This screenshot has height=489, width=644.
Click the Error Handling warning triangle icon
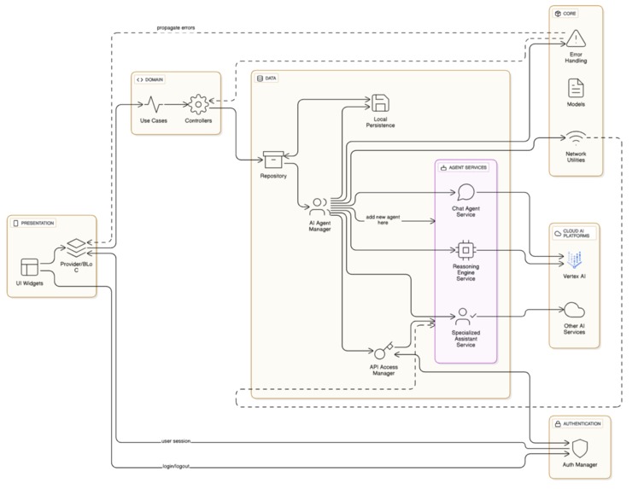[x=577, y=38]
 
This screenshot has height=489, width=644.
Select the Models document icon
[x=577, y=87]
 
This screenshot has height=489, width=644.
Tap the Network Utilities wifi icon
[x=577, y=137]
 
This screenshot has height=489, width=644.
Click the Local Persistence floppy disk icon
[x=380, y=103]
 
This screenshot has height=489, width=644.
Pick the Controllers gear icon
[x=198, y=104]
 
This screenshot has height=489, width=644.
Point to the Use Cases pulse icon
[x=153, y=104]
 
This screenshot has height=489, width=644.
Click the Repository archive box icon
[x=273, y=160]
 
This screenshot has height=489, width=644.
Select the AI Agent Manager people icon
[x=319, y=207]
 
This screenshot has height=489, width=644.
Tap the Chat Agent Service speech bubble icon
[x=465, y=192]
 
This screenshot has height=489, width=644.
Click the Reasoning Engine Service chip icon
[x=465, y=250]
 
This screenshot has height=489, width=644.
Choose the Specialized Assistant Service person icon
[x=465, y=315]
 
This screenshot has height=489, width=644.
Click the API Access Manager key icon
[x=382, y=352]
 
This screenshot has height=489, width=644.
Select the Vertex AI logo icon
[x=574, y=259]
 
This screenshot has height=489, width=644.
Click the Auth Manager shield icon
[x=579, y=449]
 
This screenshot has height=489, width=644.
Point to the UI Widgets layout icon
[x=31, y=266]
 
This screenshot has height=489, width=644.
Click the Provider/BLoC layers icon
[x=77, y=247]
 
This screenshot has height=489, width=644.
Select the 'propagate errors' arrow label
[x=175, y=27]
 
